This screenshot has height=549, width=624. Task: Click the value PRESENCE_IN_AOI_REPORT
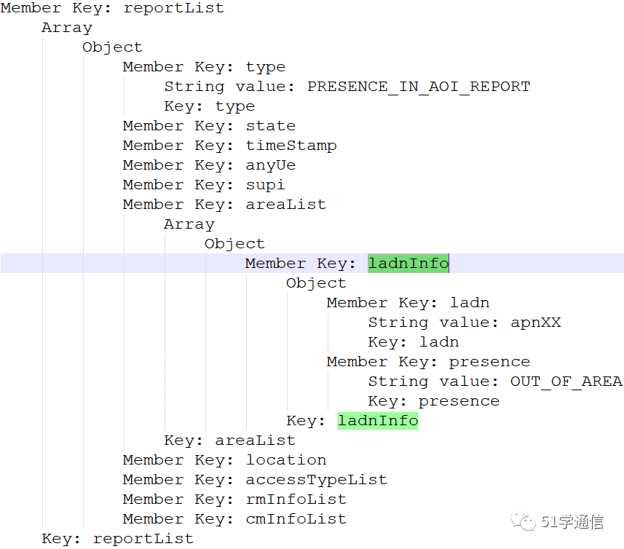(419, 87)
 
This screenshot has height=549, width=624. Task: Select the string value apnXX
(535, 323)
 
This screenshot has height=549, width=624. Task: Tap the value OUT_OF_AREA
(566, 382)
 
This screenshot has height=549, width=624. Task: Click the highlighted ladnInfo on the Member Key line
(408, 264)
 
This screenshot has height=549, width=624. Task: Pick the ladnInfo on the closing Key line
(378, 421)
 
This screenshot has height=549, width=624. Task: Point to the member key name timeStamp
(291, 146)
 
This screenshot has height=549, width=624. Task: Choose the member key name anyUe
(271, 165)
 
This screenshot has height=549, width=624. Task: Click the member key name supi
(266, 185)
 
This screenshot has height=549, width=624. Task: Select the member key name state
(271, 126)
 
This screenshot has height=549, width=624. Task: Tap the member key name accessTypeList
(317, 480)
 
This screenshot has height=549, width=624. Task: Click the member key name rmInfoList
(296, 499)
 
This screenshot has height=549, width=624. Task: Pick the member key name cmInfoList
(296, 519)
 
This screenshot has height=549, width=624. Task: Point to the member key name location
(286, 460)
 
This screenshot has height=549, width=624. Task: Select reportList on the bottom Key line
(143, 539)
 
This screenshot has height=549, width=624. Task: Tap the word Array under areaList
(189, 224)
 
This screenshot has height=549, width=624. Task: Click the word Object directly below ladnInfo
(316, 283)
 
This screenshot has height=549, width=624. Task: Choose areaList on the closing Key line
(255, 441)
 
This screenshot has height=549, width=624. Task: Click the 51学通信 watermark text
(573, 521)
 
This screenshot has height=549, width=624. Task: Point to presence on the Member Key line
(489, 362)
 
